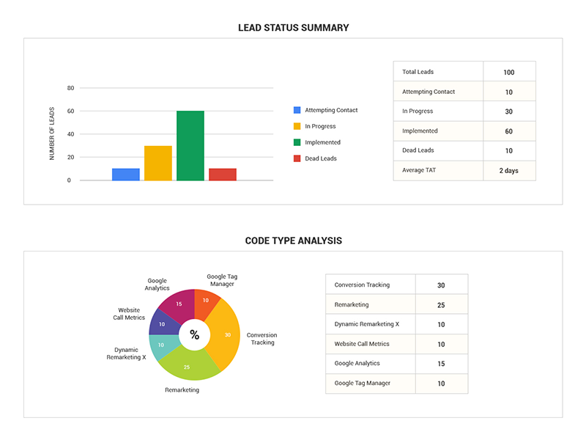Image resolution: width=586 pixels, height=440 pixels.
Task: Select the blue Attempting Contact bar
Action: point(126,175)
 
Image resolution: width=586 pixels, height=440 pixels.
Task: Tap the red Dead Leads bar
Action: point(223,175)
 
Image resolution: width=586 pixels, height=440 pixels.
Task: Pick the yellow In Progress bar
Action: point(158,163)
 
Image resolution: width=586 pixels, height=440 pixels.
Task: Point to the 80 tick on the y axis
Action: point(71,88)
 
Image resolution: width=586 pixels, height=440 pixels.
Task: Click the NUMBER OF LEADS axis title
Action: point(52,133)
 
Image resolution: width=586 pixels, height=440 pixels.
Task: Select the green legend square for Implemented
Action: point(297,142)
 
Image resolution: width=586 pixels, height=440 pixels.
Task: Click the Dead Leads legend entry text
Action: point(320,158)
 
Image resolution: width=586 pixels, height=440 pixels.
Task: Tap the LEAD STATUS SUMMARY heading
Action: point(293,28)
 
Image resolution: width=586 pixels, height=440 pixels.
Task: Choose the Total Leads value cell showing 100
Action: point(509,73)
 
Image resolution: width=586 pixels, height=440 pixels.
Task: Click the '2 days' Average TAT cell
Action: point(509,170)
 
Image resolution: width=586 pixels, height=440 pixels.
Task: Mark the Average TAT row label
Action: point(419,170)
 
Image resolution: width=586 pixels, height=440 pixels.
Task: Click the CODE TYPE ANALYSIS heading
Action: point(293,241)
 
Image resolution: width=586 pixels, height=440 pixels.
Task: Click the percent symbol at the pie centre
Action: point(194,335)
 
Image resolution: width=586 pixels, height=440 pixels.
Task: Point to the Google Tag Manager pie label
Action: point(221,280)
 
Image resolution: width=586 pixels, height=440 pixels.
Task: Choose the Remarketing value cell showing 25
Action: point(441,305)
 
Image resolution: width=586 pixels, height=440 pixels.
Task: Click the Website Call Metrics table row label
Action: point(362,344)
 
